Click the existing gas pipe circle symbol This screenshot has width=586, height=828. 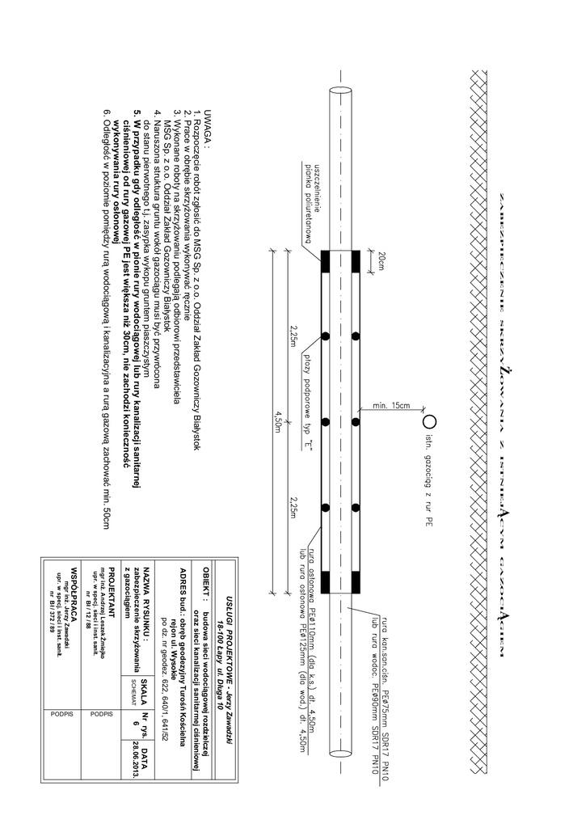[429, 420]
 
